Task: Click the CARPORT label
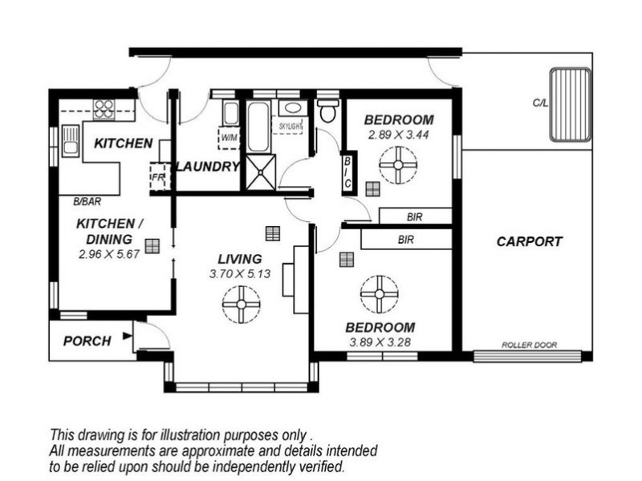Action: (x=530, y=241)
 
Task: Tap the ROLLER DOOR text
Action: (x=529, y=345)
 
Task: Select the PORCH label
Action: (x=87, y=341)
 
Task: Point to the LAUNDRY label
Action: (x=208, y=167)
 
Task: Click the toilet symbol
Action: (x=328, y=110)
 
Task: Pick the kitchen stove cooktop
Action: (x=104, y=109)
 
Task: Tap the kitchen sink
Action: (x=71, y=141)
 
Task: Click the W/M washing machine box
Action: (x=229, y=138)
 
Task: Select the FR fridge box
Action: (x=157, y=176)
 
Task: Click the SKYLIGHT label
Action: (x=291, y=127)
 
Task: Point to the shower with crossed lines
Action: (x=260, y=172)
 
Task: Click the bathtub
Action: (x=258, y=127)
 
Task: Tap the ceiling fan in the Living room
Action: (x=242, y=305)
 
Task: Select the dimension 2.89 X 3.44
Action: (x=398, y=135)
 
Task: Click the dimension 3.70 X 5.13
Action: (x=240, y=273)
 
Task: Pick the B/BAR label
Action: (x=87, y=201)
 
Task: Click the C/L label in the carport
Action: (x=540, y=103)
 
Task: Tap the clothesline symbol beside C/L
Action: (x=571, y=105)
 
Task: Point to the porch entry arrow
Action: (x=128, y=336)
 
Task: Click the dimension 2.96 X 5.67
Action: (x=109, y=254)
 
